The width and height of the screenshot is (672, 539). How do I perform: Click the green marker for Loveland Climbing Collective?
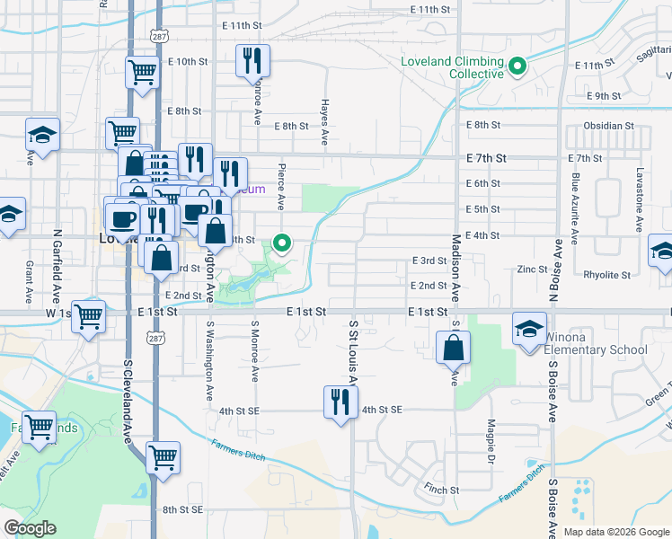point(517,66)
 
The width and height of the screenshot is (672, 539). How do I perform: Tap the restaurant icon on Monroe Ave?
point(252,60)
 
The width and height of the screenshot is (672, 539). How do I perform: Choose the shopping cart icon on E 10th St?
point(143,71)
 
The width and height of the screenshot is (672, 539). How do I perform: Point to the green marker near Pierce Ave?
point(282,243)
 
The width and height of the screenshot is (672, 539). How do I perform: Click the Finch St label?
point(442,490)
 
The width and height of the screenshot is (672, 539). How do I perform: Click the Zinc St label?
point(532,269)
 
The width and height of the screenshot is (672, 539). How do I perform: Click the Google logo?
point(31,528)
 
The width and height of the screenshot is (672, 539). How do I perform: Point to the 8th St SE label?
point(184,509)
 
